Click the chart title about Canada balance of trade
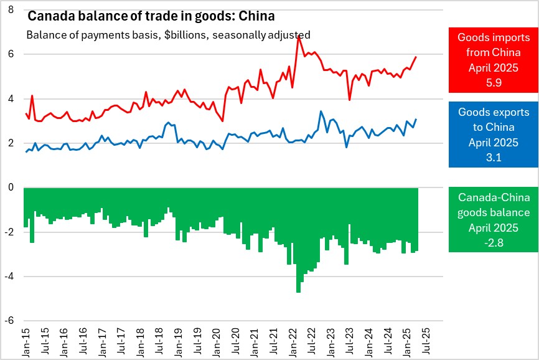151,16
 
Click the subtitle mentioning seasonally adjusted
168,35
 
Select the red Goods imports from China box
492,60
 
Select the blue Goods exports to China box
492,135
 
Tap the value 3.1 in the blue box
492,157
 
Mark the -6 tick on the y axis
10,321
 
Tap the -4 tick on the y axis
10,277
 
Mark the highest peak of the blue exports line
321,111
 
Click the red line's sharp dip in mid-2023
350,100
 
